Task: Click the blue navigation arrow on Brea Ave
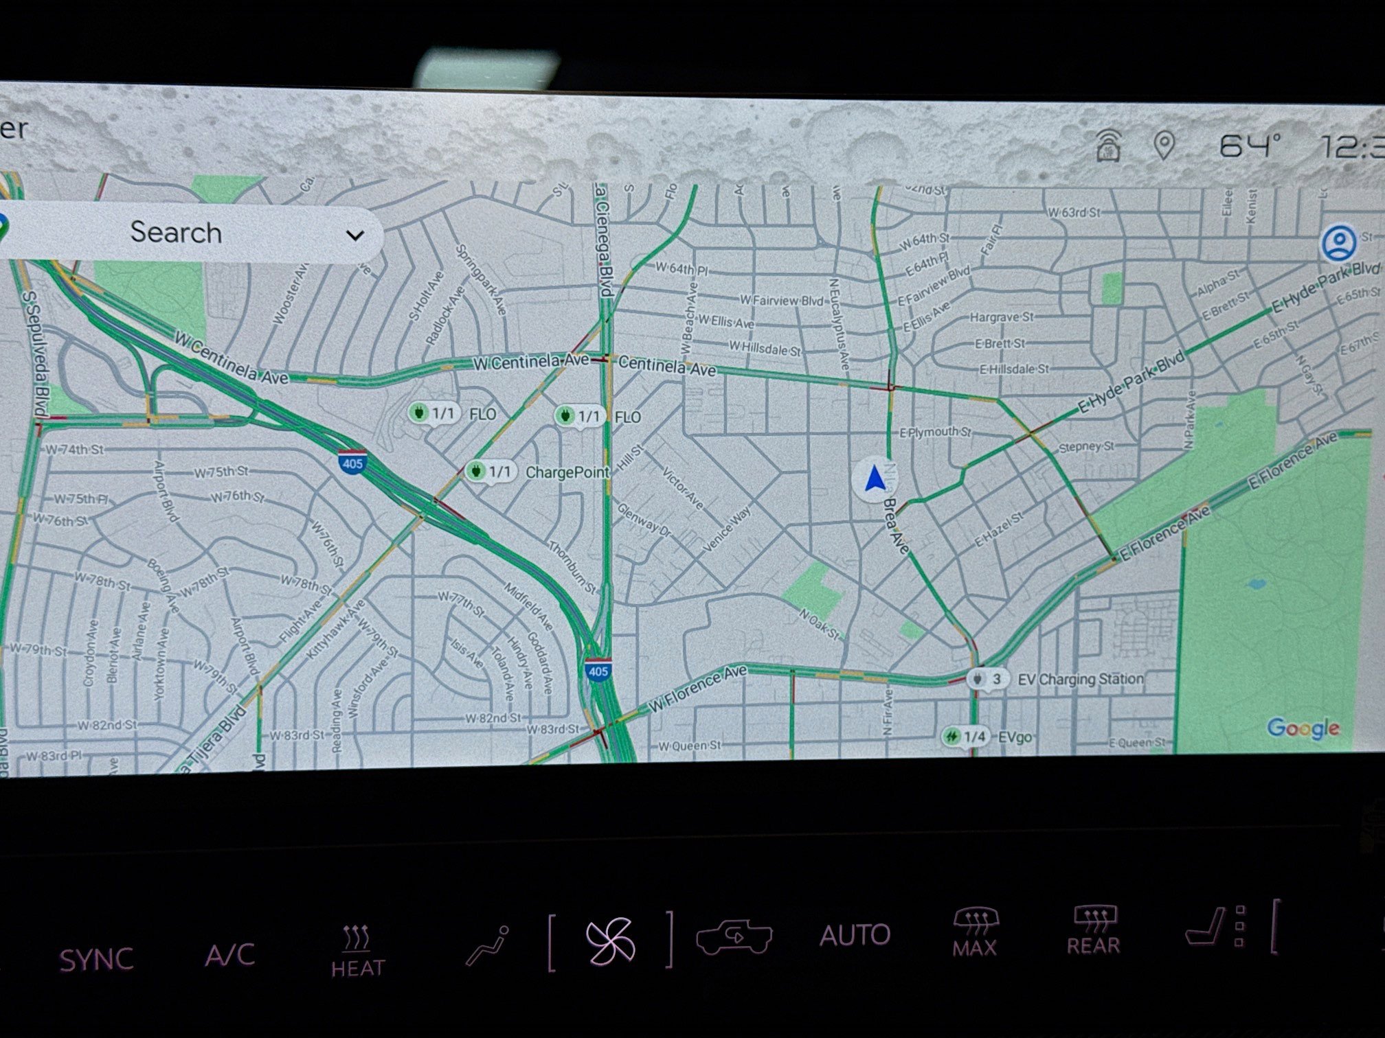tap(875, 479)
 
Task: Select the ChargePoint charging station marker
tap(475, 471)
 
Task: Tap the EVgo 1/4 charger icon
tap(953, 737)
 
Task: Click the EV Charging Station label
tap(1080, 679)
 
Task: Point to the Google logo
tap(1303, 728)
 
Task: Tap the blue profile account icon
tap(1338, 242)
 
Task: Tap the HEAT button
tap(357, 951)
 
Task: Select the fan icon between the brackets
tap(609, 941)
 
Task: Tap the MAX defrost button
tap(974, 932)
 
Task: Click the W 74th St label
tap(74, 450)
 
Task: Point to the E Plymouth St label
tap(935, 432)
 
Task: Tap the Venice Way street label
tap(728, 529)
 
